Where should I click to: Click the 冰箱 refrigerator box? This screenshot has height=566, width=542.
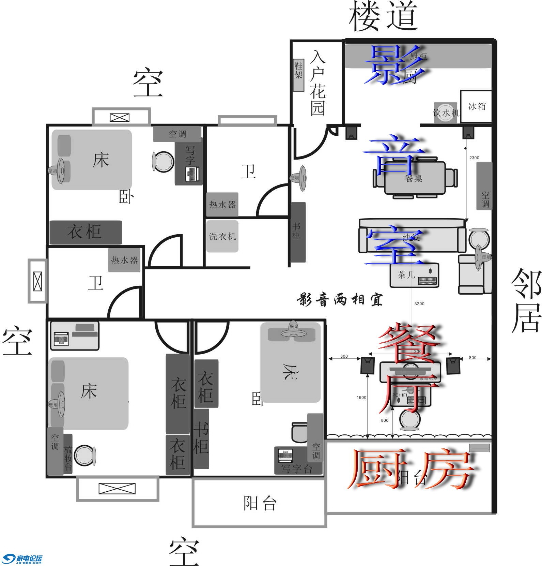pyautogui.click(x=476, y=106)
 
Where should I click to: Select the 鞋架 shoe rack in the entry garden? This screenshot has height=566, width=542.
pyautogui.click(x=298, y=75)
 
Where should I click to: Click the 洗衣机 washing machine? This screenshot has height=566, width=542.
pyautogui.click(x=222, y=236)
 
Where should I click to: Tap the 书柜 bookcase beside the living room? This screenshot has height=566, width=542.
pyautogui.click(x=297, y=232)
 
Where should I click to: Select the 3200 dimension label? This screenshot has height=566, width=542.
pyautogui.click(x=419, y=303)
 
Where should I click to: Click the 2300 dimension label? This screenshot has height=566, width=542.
pyautogui.click(x=474, y=158)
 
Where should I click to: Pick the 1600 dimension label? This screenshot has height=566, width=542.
pyautogui.click(x=361, y=397)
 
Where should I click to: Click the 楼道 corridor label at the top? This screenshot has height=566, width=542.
pyautogui.click(x=383, y=16)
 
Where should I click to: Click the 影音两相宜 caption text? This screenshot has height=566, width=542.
pyautogui.click(x=340, y=300)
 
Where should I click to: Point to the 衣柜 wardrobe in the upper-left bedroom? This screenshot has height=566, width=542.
pyautogui.click(x=86, y=232)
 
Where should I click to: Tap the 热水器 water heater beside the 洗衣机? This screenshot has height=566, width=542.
pyautogui.click(x=222, y=205)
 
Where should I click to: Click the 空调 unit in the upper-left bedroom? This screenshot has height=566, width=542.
pyautogui.click(x=177, y=134)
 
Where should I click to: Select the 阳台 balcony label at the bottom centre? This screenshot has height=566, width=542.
pyautogui.click(x=260, y=503)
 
